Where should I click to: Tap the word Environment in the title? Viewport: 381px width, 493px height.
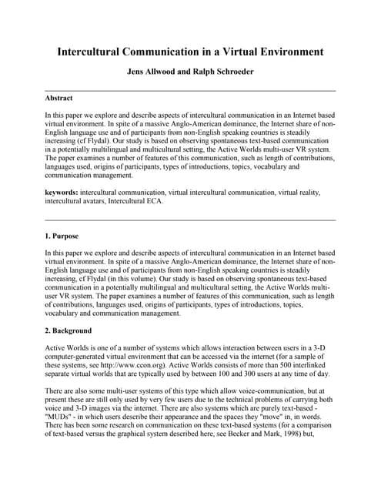point(283,52)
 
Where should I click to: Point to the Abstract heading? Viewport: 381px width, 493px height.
point(59,99)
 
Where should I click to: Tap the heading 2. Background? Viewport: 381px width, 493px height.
point(69,330)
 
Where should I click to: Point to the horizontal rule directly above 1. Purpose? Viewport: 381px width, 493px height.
point(190,220)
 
